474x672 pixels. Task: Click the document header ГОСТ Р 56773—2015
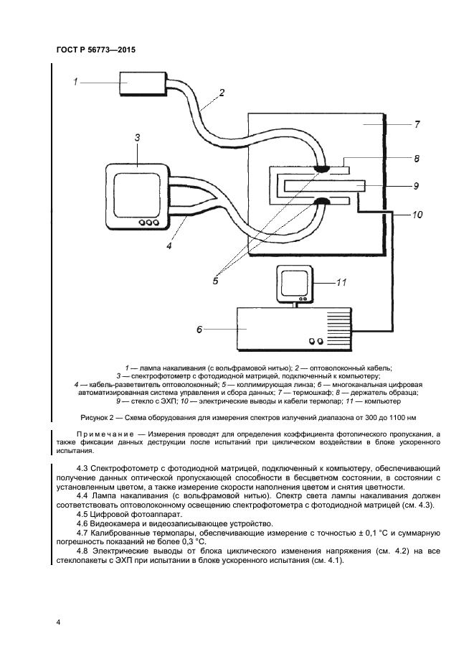point(95,50)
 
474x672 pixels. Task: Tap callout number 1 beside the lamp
point(75,82)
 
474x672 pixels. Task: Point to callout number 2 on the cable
point(222,92)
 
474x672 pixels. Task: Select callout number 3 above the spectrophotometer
point(136,136)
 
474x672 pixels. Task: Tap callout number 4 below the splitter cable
point(169,246)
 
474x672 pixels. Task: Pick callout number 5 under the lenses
point(215,281)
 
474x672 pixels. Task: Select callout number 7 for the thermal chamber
point(416,124)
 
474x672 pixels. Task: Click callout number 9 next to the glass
point(415,186)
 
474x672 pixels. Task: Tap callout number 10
point(417,215)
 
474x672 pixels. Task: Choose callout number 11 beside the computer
point(341,282)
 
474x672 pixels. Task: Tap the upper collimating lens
point(321,169)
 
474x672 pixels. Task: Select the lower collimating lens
point(321,201)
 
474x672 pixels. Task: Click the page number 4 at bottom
point(57,622)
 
